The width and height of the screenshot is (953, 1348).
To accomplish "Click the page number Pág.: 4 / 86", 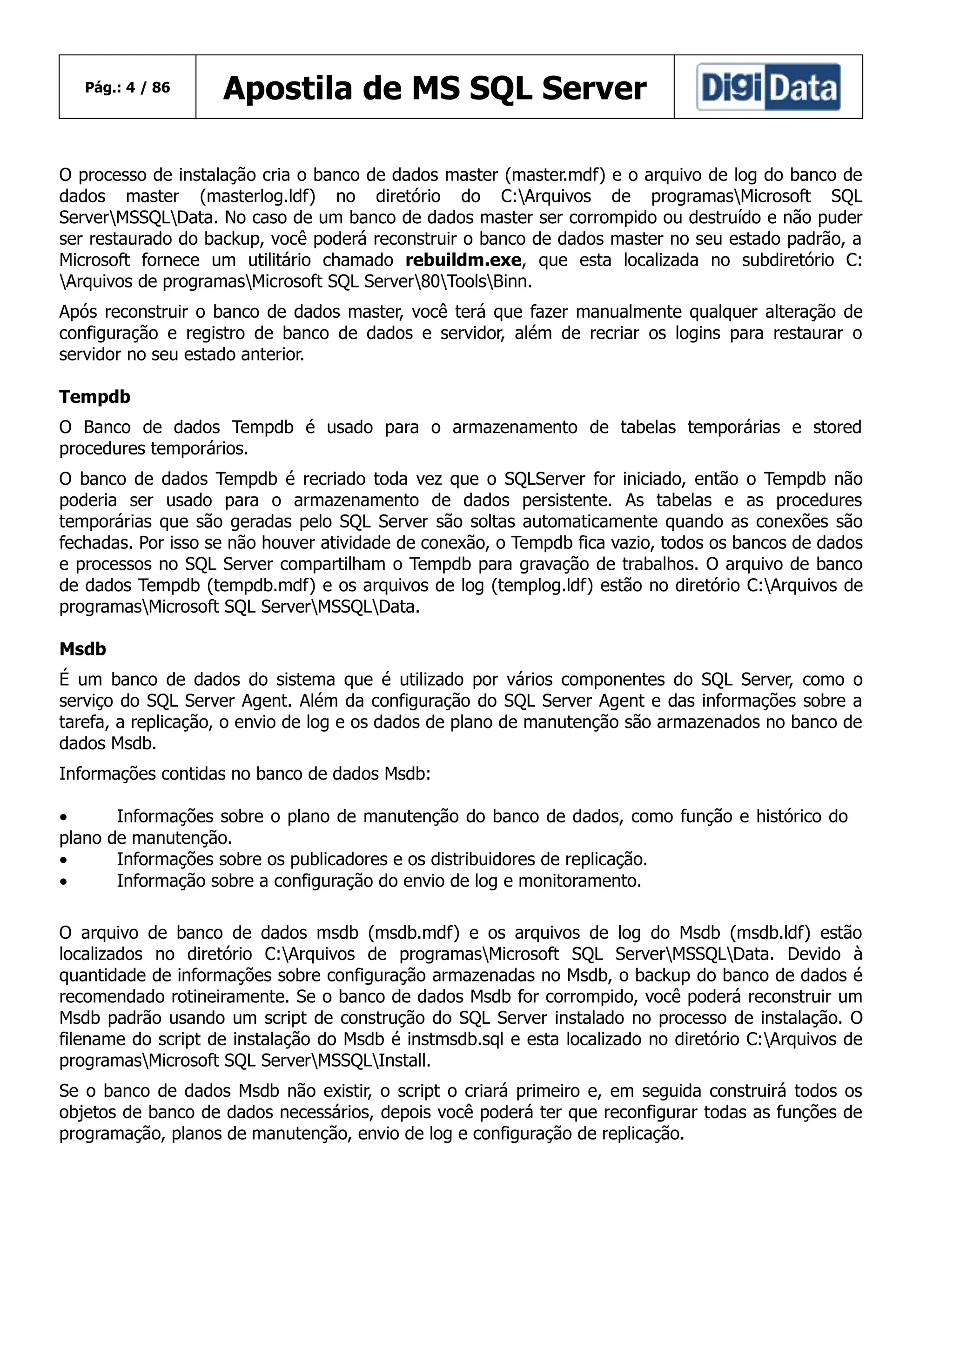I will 128,87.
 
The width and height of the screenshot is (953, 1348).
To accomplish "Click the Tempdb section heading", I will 94,397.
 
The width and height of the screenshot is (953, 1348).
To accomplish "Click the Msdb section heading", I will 83,649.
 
